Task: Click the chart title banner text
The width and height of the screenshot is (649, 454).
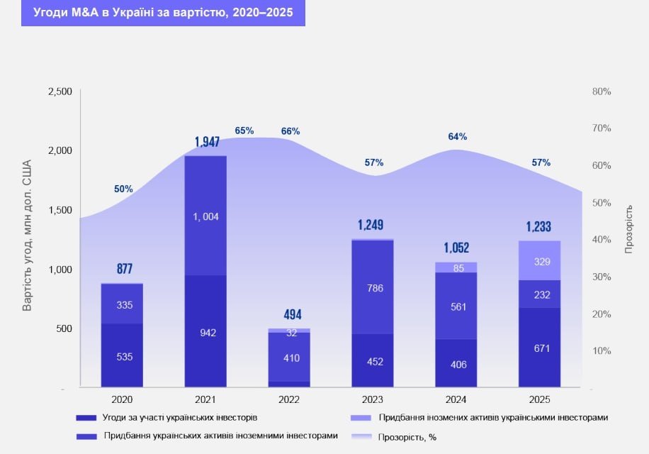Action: coord(163,13)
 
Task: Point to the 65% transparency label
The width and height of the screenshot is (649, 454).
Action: coord(244,131)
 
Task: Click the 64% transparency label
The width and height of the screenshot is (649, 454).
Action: coord(458,136)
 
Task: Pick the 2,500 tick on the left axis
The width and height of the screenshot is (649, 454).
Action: coord(60,92)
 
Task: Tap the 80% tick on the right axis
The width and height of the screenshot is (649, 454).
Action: coord(602,92)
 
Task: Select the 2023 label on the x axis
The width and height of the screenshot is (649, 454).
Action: coord(373,399)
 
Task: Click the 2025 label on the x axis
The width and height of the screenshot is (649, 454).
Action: coord(540,399)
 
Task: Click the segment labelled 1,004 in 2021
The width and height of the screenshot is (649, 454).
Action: coord(205,216)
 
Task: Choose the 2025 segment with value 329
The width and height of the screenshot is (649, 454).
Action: coord(540,261)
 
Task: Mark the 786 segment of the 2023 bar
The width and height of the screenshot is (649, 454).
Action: coord(373,288)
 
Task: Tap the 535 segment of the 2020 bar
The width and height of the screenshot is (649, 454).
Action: coord(122,356)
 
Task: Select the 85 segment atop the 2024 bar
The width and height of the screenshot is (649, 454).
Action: coord(456,267)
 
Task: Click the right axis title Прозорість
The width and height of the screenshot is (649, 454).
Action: coord(628,230)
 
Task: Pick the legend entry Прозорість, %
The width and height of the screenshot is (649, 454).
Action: coord(407,437)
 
